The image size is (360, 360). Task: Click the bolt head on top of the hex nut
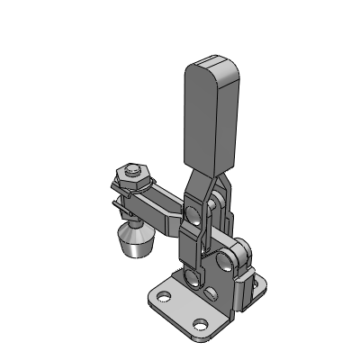coord(133,167)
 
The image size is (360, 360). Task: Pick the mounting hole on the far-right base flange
coord(262,286)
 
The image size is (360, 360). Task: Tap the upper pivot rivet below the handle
coord(193,213)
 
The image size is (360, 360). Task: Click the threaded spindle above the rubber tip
coord(132,218)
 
